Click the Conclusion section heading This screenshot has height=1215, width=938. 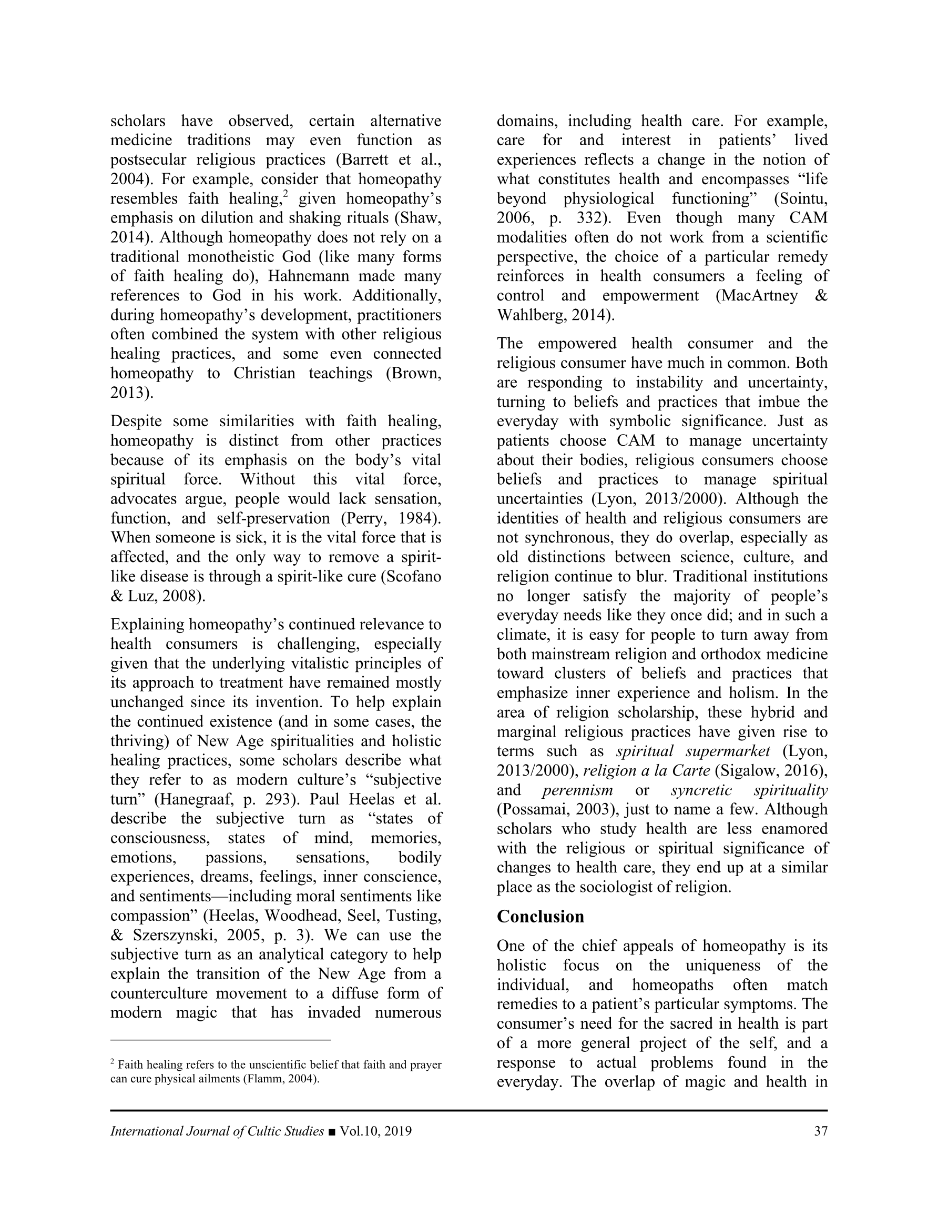540,916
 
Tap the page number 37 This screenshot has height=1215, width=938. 820,1131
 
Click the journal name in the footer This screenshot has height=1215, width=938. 217,1131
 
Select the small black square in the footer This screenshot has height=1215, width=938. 332,1131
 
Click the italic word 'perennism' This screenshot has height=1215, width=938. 578,790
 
